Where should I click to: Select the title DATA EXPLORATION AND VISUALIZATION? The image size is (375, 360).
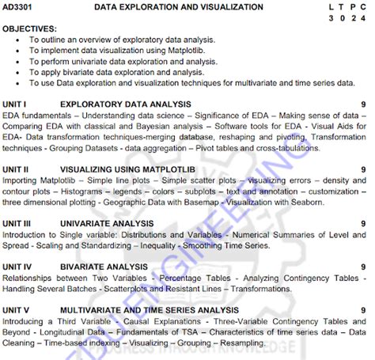tap(179, 6)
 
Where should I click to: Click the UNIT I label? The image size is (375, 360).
tap(14, 104)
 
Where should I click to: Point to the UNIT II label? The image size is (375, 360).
tap(16, 169)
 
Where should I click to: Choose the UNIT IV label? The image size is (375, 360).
tap(17, 267)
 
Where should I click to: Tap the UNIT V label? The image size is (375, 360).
tap(16, 310)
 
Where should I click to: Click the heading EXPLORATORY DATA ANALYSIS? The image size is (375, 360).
tap(125, 104)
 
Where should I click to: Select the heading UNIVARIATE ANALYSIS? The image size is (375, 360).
tap(107, 224)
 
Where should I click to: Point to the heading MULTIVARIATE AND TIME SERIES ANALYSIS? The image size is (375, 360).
tap(149, 310)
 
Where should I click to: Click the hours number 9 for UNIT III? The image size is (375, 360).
tap(362, 224)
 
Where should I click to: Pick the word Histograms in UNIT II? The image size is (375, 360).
tap(83, 191)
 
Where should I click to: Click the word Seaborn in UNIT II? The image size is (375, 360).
tap(306, 202)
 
